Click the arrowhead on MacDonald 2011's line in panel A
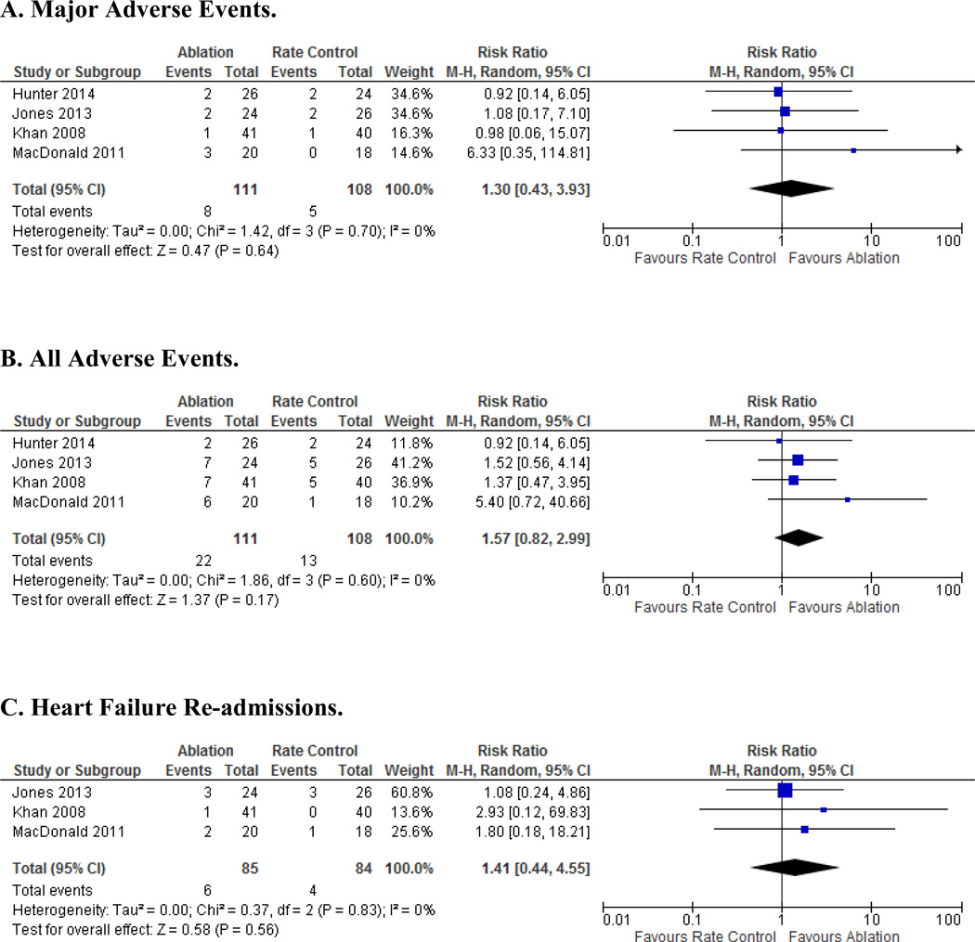click(x=957, y=149)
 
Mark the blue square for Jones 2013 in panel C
click(x=785, y=791)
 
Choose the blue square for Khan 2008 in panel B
click(x=794, y=480)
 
